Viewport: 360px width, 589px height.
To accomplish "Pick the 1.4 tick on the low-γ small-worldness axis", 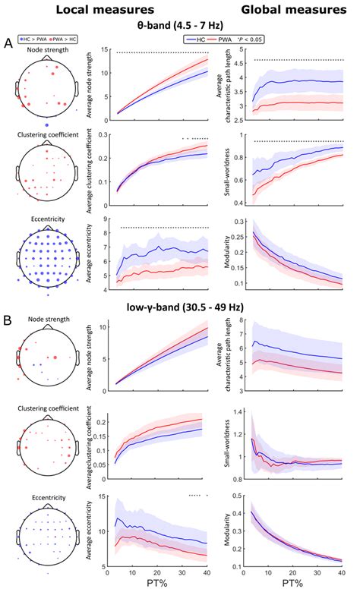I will (x=243, y=411).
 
